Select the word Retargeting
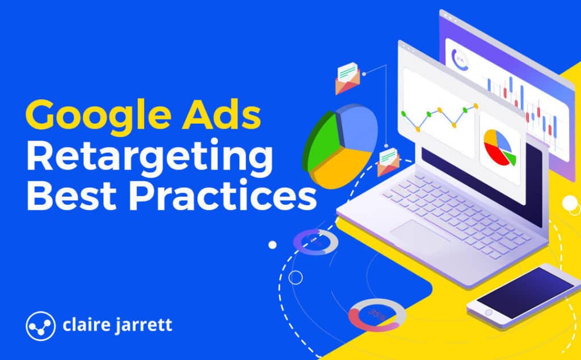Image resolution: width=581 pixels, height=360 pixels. click(x=149, y=156)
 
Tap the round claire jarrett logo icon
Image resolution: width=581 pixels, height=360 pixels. click(x=40, y=325)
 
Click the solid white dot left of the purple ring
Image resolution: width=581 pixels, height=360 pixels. click(x=272, y=245)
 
